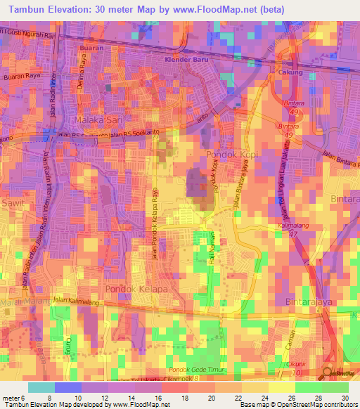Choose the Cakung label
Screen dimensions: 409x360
pyautogui.click(x=290, y=72)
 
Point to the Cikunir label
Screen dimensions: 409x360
pyautogui.click(x=297, y=364)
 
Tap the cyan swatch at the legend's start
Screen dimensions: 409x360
pyautogui.click(x=41, y=387)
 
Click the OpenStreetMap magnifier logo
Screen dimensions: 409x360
pyautogui.click(x=328, y=373)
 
